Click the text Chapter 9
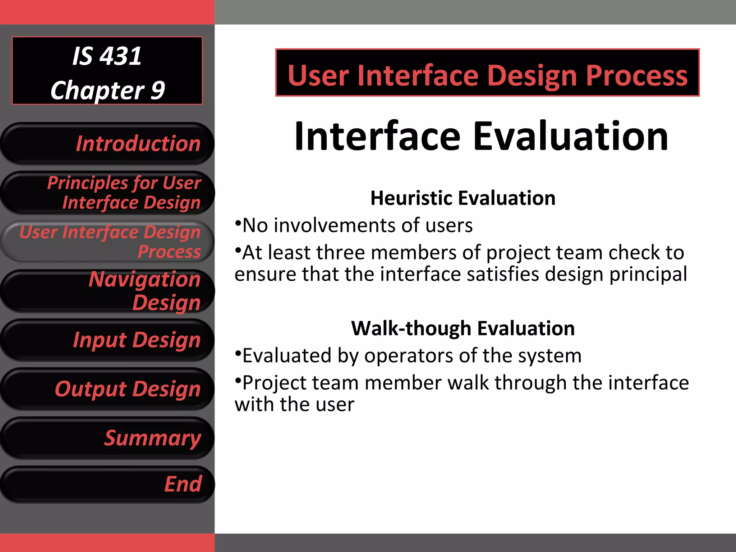point(107,90)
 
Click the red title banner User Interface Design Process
point(487,75)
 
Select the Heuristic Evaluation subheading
point(463,198)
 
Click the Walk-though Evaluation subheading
point(463,328)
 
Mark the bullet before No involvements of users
point(238,223)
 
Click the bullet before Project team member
point(238,380)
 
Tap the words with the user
point(294,405)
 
